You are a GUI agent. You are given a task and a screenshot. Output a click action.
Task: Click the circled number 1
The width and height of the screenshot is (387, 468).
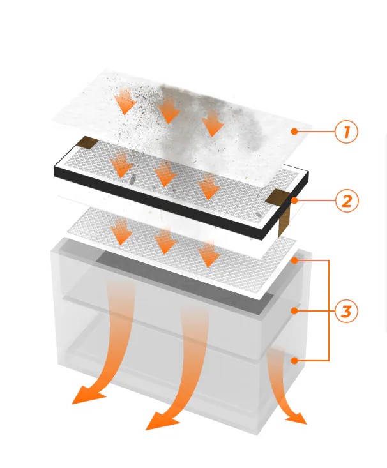pos(347,132)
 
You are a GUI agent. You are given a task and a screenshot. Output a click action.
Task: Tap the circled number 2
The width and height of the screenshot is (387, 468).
pos(347,201)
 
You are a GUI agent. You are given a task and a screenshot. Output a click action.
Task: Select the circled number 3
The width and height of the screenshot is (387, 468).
pos(347,312)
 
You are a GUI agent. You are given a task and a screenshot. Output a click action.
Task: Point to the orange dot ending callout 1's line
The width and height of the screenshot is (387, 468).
pos(294,132)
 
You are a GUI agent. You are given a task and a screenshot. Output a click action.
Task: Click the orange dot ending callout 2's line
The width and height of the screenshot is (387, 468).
pos(294,200)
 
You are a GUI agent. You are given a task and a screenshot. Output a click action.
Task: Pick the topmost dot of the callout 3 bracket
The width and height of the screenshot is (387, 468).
pos(294,260)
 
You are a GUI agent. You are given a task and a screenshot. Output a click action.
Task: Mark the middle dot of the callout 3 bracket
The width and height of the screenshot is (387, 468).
pos(294,311)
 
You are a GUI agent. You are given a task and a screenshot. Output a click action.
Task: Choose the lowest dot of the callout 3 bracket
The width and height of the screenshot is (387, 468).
pos(294,361)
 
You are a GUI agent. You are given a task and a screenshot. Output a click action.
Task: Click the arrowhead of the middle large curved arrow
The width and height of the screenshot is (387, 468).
pos(158,421)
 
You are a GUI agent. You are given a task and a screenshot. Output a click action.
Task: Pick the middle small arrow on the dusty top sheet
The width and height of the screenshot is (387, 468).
pos(169,112)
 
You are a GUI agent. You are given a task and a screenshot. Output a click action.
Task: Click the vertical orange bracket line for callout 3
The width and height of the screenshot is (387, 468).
pos(328,311)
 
